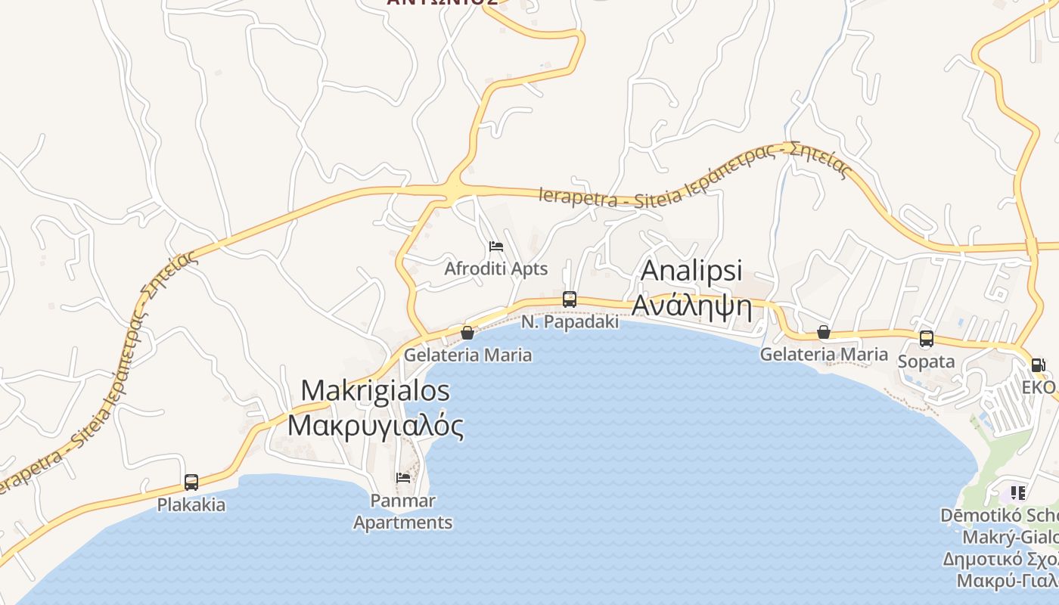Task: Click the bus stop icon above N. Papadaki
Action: click(x=570, y=299)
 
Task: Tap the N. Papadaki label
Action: click(x=570, y=322)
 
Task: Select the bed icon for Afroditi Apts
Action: click(x=496, y=247)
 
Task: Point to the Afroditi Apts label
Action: click(x=496, y=268)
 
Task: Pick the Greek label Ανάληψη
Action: click(x=691, y=306)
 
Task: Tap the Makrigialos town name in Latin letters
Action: click(x=375, y=391)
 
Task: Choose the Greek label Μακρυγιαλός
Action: click(x=375, y=425)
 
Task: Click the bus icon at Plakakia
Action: click(x=191, y=482)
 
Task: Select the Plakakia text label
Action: click(x=191, y=504)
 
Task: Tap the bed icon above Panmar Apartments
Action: click(x=403, y=477)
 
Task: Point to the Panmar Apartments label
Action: click(x=403, y=511)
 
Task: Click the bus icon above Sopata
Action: click(x=926, y=339)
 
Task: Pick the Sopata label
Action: click(x=926, y=361)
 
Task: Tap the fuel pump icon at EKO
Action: click(x=1038, y=365)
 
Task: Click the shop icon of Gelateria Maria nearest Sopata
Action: click(x=824, y=332)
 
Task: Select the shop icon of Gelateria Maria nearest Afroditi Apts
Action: click(x=467, y=332)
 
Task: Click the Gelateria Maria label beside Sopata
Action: click(x=824, y=354)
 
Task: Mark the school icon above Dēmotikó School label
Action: click(x=1018, y=493)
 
